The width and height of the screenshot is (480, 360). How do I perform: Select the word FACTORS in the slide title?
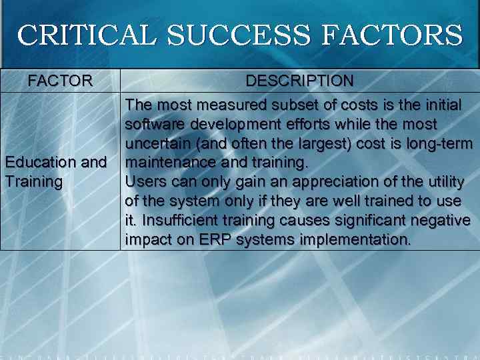391,35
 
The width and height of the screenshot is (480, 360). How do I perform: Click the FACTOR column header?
60,81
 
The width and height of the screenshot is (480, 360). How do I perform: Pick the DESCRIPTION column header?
299,81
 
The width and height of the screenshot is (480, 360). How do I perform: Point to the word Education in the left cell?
41,163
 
